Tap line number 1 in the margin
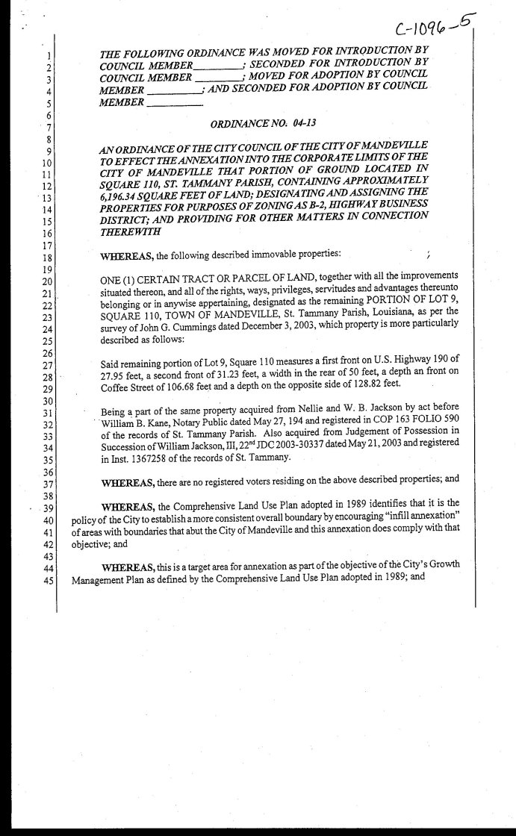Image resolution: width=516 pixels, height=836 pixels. [49, 55]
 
